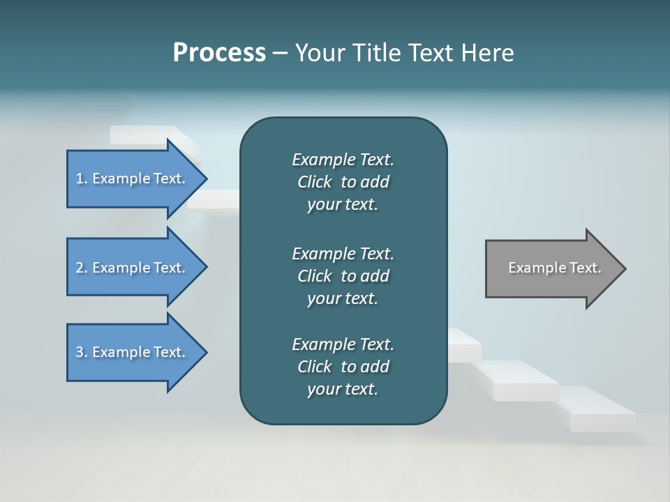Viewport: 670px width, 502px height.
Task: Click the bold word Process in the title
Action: pos(218,53)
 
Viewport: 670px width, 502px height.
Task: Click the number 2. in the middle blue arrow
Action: pos(82,268)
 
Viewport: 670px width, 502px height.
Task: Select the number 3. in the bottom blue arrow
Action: pos(82,352)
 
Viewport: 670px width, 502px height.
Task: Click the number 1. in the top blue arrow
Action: pos(82,179)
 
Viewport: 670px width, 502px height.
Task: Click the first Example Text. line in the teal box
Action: pos(343,160)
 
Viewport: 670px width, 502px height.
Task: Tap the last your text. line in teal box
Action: pos(343,390)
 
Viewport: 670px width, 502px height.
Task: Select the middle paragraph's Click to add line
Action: pos(343,276)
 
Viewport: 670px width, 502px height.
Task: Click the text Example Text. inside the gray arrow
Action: pos(554,268)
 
